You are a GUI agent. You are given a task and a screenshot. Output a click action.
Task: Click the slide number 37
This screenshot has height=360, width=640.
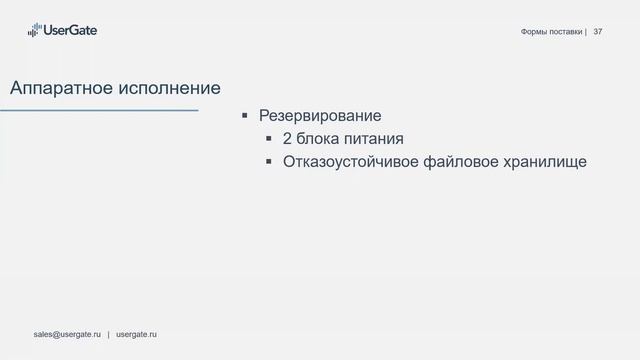coord(598,32)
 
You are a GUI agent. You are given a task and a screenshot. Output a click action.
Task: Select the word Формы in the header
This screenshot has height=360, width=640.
coord(535,32)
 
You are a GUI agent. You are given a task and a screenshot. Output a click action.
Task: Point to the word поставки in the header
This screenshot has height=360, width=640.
coord(567,32)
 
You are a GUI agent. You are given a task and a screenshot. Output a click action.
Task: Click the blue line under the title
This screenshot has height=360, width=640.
coord(99,110)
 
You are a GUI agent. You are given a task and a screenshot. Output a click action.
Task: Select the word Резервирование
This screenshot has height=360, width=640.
coord(320,115)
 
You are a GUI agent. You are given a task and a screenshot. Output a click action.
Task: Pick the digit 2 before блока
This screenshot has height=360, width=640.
coord(288,138)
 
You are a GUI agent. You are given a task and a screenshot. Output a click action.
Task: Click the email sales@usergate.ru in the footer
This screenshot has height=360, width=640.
coord(67,332)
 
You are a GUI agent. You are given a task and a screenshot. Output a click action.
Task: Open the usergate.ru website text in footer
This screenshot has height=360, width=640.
coord(137,332)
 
